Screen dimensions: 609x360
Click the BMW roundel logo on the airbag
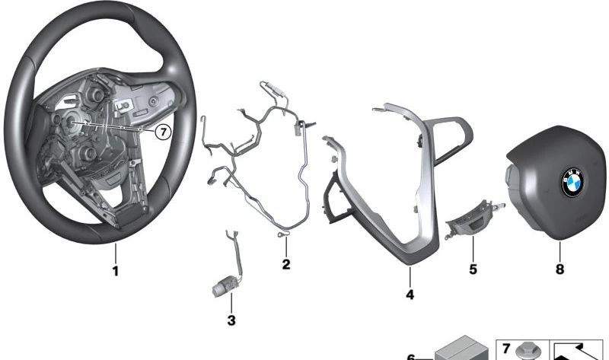[x=573, y=182]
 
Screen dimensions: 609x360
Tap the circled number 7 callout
[x=163, y=132]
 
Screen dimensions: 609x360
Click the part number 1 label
[x=116, y=271]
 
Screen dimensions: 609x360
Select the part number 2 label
[x=286, y=264]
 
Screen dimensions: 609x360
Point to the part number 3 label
[x=231, y=320]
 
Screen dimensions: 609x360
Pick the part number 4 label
[x=410, y=295]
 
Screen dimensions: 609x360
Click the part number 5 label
[x=473, y=269]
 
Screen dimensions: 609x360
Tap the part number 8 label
[x=560, y=269]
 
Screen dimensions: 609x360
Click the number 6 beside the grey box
[x=411, y=356]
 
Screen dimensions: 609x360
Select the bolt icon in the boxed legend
[x=525, y=352]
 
